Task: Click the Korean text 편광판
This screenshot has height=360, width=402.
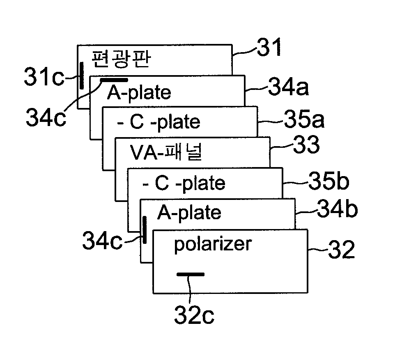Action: click(122, 60)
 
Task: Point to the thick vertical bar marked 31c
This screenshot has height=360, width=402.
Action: click(82, 76)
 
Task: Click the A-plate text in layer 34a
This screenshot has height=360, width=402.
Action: click(139, 92)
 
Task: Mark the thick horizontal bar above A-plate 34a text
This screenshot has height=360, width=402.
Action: click(114, 79)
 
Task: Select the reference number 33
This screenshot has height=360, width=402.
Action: click(306, 146)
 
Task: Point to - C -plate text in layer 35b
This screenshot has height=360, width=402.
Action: click(184, 183)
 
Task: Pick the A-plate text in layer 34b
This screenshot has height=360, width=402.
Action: click(189, 213)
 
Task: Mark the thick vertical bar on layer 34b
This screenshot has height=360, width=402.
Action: click(145, 230)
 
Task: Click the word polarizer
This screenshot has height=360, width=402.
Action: click(212, 245)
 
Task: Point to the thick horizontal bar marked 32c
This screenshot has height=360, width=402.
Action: click(190, 274)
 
